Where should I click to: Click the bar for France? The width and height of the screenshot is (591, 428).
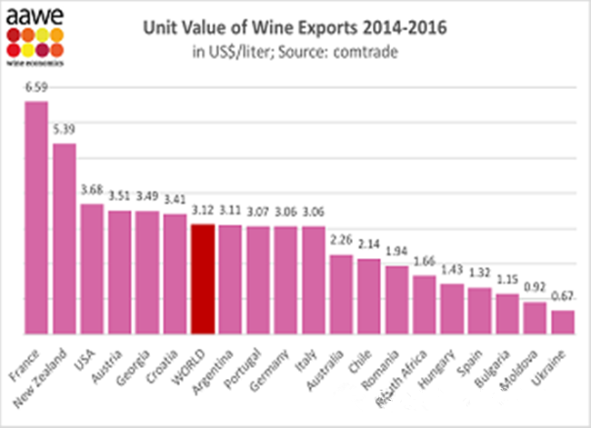pyautogui.click(x=36, y=218)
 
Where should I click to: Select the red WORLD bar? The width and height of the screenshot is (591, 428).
pyautogui.click(x=203, y=279)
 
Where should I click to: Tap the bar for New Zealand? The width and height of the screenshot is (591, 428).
pyautogui.click(x=65, y=239)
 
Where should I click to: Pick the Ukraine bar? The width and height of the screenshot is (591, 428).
pyautogui.click(x=563, y=323)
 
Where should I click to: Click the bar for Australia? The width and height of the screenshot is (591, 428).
pyautogui.click(x=341, y=294)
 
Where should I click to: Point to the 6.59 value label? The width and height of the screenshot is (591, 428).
pyautogui.click(x=36, y=89)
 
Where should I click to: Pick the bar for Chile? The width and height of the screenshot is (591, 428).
pyautogui.click(x=368, y=297)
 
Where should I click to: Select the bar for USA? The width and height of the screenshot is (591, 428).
pyautogui.click(x=92, y=269)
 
